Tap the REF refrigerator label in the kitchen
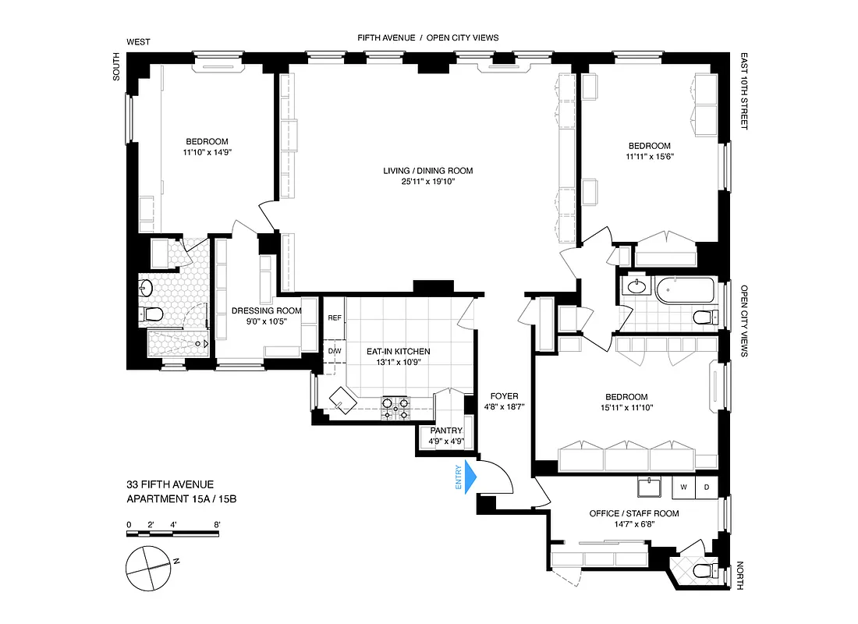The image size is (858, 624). coord(335,317)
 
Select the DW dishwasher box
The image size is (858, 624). coord(335,351)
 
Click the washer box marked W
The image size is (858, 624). coord(683,487)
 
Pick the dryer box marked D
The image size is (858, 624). coord(706,487)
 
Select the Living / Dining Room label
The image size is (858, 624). coord(427,171)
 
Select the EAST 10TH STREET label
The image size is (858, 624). coord(743,92)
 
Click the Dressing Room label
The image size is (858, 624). coord(266,310)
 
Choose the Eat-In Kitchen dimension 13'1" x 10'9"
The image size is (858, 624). coord(398,362)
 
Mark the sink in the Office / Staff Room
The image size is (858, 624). coord(649,487)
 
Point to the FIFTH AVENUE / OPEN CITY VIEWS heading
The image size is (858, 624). coord(427,37)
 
